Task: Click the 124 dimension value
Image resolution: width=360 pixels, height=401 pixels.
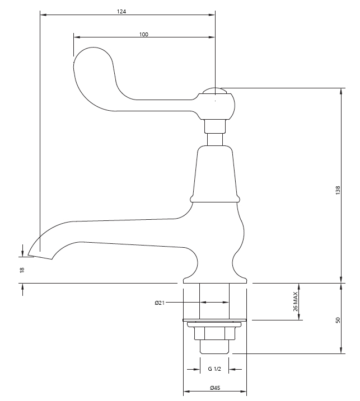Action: point(121,12)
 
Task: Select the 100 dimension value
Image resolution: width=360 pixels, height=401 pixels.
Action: point(144,34)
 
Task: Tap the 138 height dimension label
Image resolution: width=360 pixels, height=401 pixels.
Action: point(338,191)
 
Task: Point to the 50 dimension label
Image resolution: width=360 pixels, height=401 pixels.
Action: point(338,320)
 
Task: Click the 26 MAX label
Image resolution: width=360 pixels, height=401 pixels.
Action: point(295,301)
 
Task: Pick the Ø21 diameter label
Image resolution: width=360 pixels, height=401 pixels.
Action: point(160,303)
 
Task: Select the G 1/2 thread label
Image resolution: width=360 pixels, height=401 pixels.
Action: point(214,369)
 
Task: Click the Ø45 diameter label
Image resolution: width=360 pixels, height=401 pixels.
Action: point(215,388)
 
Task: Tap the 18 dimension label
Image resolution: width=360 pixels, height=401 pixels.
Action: point(22,270)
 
